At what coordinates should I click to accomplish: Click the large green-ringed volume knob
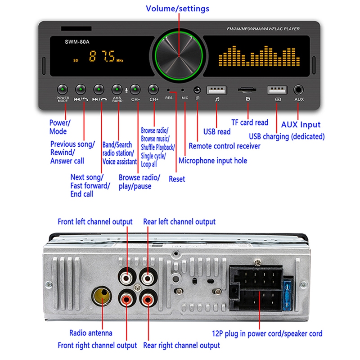[x=179, y=55]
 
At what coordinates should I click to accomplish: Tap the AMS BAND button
[x=117, y=89]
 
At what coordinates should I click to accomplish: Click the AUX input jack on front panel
[x=298, y=90]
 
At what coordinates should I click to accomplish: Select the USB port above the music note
[x=217, y=90]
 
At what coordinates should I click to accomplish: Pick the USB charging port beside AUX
[x=277, y=90]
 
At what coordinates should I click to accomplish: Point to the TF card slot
[x=247, y=90]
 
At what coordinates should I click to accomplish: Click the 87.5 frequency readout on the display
[x=102, y=56]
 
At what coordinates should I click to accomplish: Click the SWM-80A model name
[x=77, y=42]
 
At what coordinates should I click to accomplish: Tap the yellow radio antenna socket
[x=102, y=296]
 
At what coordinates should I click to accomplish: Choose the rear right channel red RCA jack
[x=148, y=299]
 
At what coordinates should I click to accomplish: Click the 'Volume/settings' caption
[x=177, y=9]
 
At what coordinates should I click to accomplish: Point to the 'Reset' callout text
[x=177, y=179]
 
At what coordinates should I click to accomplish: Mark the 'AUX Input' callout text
[x=301, y=125]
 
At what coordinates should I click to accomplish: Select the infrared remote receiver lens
[x=197, y=90]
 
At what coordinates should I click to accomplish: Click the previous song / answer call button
[x=81, y=89]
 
